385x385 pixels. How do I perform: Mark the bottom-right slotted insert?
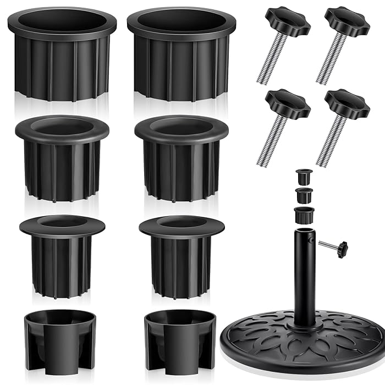tap(180, 338)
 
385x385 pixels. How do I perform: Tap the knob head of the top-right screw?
tap(346, 20)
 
